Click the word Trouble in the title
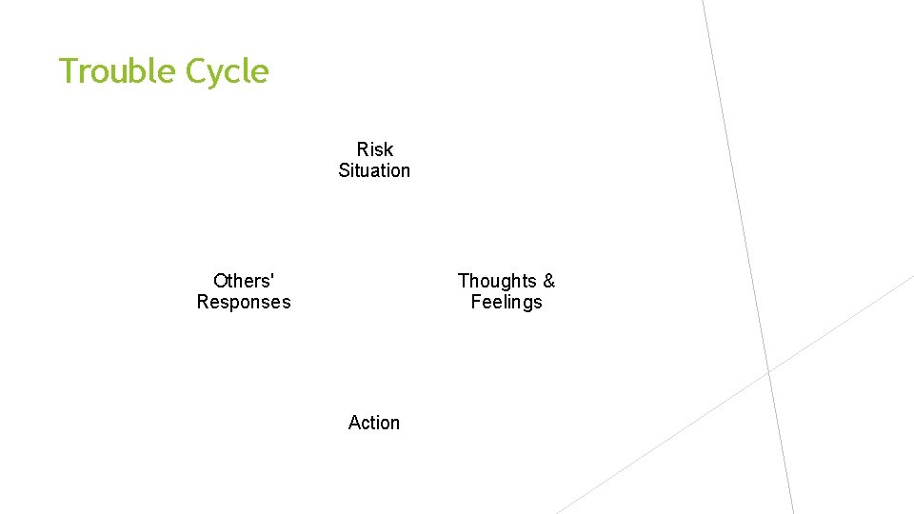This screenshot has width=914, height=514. (x=118, y=71)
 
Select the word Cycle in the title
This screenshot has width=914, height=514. (x=228, y=71)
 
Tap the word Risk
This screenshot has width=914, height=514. (x=374, y=149)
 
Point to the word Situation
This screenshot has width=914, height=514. (x=374, y=170)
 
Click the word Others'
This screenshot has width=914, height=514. (x=244, y=281)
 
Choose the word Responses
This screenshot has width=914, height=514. (x=244, y=302)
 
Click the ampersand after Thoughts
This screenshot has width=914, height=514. (x=548, y=281)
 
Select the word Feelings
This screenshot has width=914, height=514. (x=507, y=302)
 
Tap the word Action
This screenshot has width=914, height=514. (x=374, y=423)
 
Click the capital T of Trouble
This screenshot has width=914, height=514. (x=68, y=71)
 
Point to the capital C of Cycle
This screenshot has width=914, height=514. (x=196, y=71)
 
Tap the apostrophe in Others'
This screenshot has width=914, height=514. (x=272, y=276)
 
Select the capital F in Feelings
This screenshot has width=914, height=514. (x=476, y=302)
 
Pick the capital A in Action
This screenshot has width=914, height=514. (x=355, y=423)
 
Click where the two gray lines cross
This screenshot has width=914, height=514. (x=769, y=370)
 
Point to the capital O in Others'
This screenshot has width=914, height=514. (x=221, y=281)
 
